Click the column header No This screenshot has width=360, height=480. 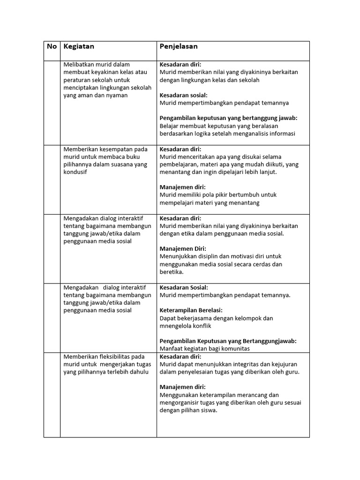pos(52,46)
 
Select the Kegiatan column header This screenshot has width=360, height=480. pos(79,46)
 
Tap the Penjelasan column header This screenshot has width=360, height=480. pos(179,46)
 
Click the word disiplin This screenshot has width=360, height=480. pos(213,256)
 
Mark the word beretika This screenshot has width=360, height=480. pos(171,272)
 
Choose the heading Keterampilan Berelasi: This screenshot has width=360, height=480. pos(191,310)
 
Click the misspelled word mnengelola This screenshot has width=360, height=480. pos(177,326)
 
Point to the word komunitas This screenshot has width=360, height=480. pos(232,349)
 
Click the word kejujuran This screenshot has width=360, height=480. pos(283,364)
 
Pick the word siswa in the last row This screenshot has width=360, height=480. pos(209,410)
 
